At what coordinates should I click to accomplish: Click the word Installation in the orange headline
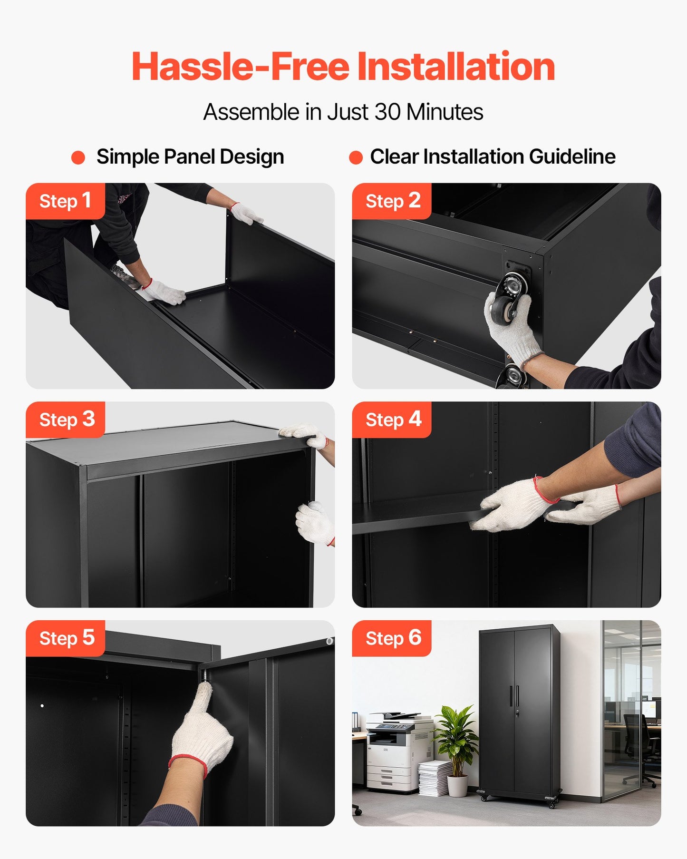click(455, 67)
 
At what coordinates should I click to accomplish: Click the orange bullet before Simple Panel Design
click(78, 157)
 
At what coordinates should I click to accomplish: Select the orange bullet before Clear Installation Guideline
click(356, 157)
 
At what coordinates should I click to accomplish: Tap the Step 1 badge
click(65, 201)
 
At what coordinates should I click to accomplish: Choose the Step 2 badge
click(392, 201)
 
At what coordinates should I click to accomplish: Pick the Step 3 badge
click(66, 420)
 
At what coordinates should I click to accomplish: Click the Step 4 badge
click(392, 420)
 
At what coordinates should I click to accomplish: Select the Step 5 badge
click(66, 638)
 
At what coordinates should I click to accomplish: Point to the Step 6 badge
click(392, 638)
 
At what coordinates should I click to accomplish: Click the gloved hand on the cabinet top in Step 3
click(304, 435)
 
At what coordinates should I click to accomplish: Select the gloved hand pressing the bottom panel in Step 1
click(164, 292)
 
